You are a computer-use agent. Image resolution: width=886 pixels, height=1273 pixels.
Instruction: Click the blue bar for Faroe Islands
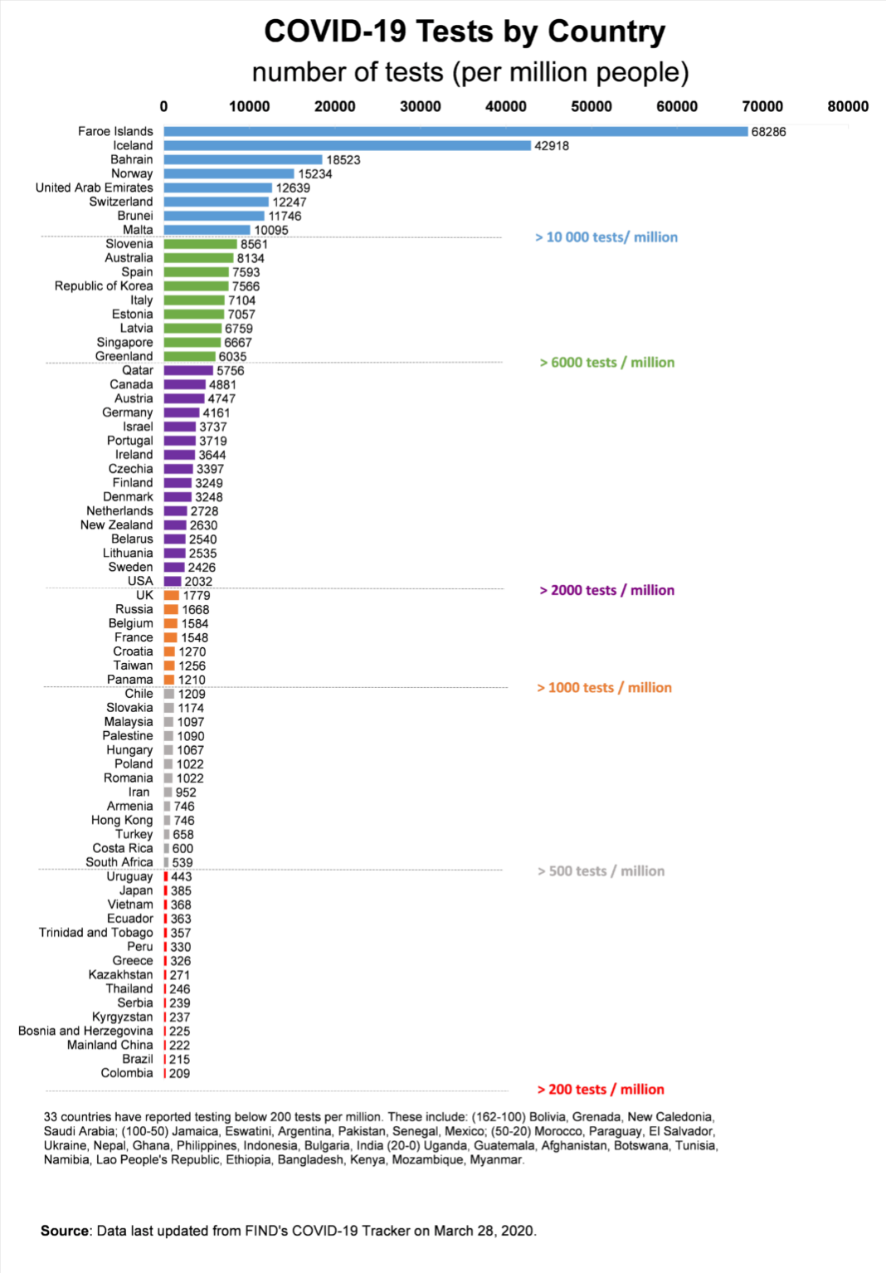tap(455, 131)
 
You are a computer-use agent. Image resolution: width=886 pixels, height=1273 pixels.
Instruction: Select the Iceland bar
tap(347, 145)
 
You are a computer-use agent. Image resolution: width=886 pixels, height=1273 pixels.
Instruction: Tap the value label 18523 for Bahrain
tap(343, 160)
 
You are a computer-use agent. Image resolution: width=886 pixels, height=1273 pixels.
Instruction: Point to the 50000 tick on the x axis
tap(591, 106)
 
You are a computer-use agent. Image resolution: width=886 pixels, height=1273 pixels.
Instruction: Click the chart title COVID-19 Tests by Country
tap(465, 32)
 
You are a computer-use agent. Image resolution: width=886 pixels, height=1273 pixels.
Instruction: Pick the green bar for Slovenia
tap(200, 244)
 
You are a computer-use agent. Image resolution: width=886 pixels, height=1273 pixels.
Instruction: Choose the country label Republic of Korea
tap(104, 286)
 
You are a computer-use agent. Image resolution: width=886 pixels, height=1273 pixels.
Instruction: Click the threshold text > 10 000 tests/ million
tap(606, 237)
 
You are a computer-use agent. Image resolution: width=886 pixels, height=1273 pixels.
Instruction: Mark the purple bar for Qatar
tap(188, 370)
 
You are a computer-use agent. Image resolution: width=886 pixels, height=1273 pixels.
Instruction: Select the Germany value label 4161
tap(217, 412)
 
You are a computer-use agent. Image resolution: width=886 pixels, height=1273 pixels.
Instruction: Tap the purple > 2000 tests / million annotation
tap(607, 590)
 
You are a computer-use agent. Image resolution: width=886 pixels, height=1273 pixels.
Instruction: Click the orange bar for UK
tap(172, 595)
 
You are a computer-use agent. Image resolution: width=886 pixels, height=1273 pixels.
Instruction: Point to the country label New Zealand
tap(117, 525)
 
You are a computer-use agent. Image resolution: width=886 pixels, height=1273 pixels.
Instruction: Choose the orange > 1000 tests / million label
tap(605, 687)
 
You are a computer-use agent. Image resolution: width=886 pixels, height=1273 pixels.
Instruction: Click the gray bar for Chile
tap(169, 694)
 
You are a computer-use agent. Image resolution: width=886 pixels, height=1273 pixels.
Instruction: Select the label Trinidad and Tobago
tap(96, 933)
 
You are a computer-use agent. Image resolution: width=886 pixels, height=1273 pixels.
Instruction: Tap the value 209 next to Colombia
tap(180, 1073)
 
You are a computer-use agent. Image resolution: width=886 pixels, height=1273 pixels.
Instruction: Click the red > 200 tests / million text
tap(601, 1089)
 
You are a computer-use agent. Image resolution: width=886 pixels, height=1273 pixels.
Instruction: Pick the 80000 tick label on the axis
tap(848, 106)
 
